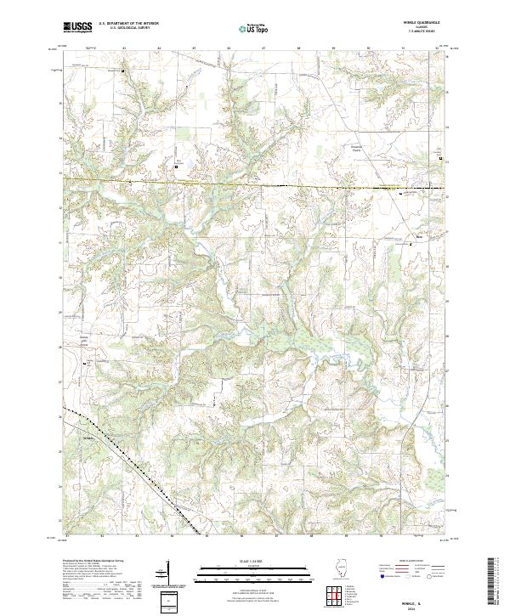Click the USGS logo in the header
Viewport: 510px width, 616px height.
pos(78,27)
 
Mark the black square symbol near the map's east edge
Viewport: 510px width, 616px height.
pos(440,158)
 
